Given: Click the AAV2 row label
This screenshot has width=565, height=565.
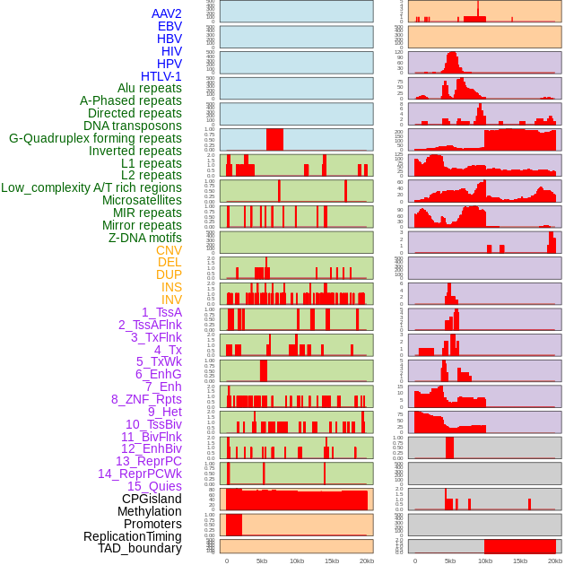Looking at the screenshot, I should (x=167, y=13).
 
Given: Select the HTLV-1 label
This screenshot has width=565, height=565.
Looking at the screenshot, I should (x=161, y=76).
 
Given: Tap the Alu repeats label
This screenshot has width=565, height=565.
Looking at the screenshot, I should (x=150, y=88).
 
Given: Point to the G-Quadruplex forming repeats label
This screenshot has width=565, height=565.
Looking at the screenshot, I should (x=95, y=138).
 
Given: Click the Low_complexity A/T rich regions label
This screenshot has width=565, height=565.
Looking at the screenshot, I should (x=91, y=187).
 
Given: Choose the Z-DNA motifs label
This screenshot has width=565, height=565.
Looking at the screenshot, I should (x=145, y=238).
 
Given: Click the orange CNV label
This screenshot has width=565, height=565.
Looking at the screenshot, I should (x=169, y=250).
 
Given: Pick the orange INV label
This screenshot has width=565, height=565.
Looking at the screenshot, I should (x=171, y=300).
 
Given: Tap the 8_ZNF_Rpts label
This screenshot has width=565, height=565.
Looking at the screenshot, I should (x=146, y=399).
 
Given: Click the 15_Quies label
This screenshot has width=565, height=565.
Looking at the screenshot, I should (x=154, y=486).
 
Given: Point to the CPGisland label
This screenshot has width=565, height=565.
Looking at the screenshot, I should (x=152, y=499).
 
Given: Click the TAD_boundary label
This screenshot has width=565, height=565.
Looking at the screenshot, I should (x=140, y=548).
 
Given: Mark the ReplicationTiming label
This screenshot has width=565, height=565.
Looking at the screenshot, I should (x=133, y=536).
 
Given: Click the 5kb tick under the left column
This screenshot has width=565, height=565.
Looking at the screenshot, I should (x=262, y=561).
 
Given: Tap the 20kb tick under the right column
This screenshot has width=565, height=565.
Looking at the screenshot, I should (x=555, y=561).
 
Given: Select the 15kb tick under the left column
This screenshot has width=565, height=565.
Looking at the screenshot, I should (x=332, y=561).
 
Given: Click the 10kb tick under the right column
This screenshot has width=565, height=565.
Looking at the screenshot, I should (x=485, y=561).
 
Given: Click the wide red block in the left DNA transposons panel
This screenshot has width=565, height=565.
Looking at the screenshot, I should (x=274, y=140).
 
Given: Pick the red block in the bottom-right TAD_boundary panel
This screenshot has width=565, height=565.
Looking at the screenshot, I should (x=520, y=546).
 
